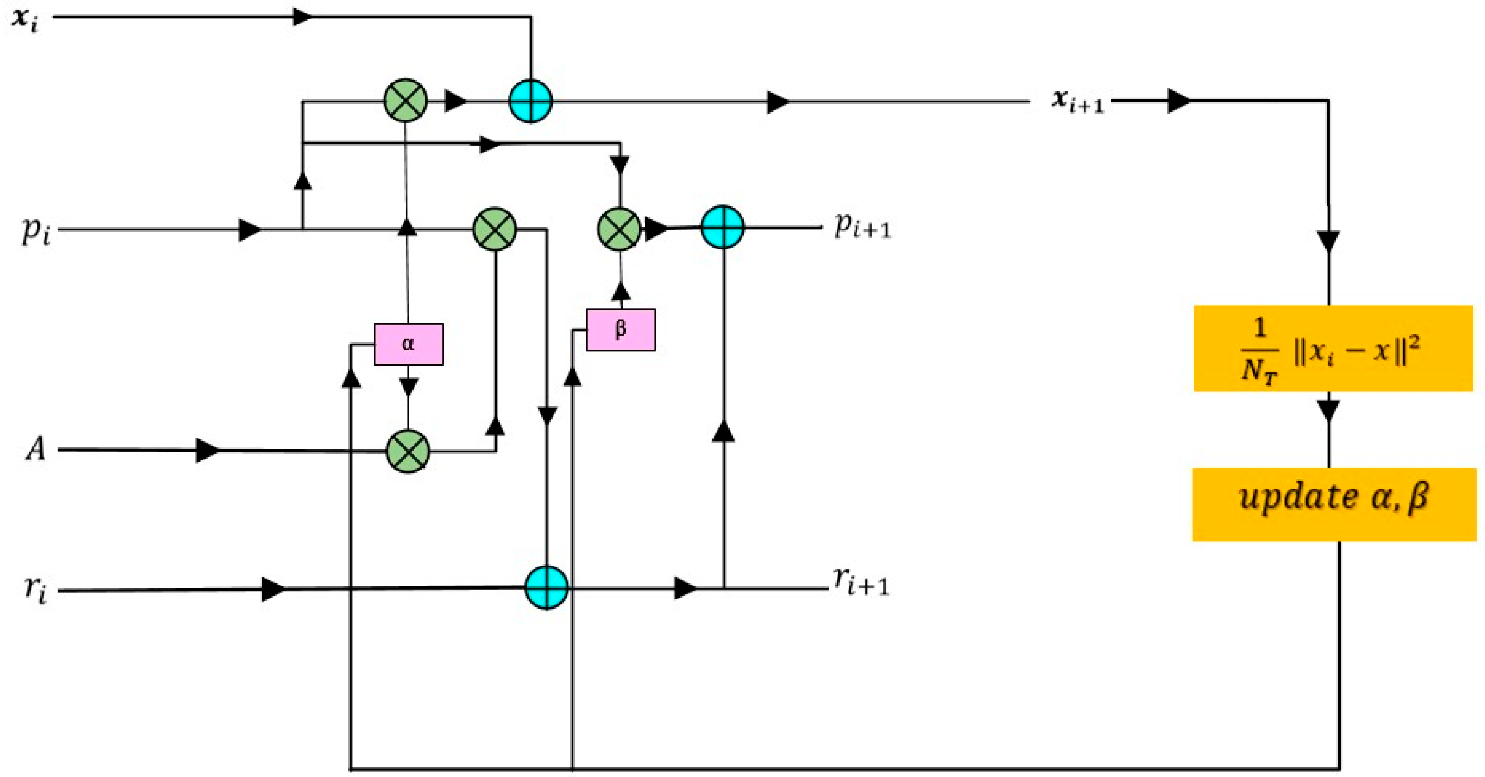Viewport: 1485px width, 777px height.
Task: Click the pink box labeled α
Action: pos(408,344)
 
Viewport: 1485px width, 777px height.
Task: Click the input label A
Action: pos(35,449)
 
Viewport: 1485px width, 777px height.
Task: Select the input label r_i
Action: pos(35,590)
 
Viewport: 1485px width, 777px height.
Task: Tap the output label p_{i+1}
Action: pos(862,226)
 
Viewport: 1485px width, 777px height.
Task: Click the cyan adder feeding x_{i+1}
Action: pos(530,101)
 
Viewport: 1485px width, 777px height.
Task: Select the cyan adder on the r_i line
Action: pos(547,587)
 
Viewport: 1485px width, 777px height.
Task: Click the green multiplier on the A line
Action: pos(408,451)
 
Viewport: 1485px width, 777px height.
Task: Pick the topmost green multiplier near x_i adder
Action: pos(405,100)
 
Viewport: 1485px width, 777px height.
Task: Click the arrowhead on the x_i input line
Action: pos(302,17)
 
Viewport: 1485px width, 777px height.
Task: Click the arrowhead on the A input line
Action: pos(208,450)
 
